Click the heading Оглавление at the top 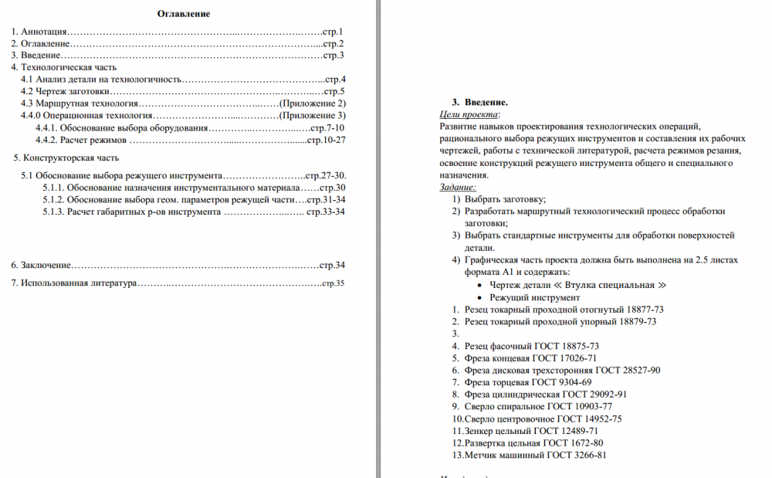[184, 14]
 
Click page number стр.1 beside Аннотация [333, 32]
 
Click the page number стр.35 [333, 283]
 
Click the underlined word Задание [457, 187]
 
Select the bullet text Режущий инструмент [534, 297]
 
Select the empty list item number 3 [455, 334]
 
